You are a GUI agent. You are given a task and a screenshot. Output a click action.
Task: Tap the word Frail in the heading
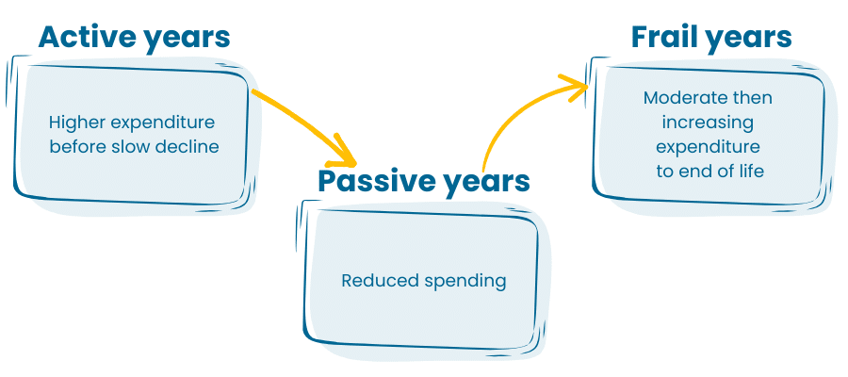(x=662, y=37)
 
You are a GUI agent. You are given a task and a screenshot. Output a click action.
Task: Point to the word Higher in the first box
(x=78, y=123)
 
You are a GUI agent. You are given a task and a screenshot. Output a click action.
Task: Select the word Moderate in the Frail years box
(x=676, y=98)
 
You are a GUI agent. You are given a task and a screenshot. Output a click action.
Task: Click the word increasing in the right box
(x=708, y=123)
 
